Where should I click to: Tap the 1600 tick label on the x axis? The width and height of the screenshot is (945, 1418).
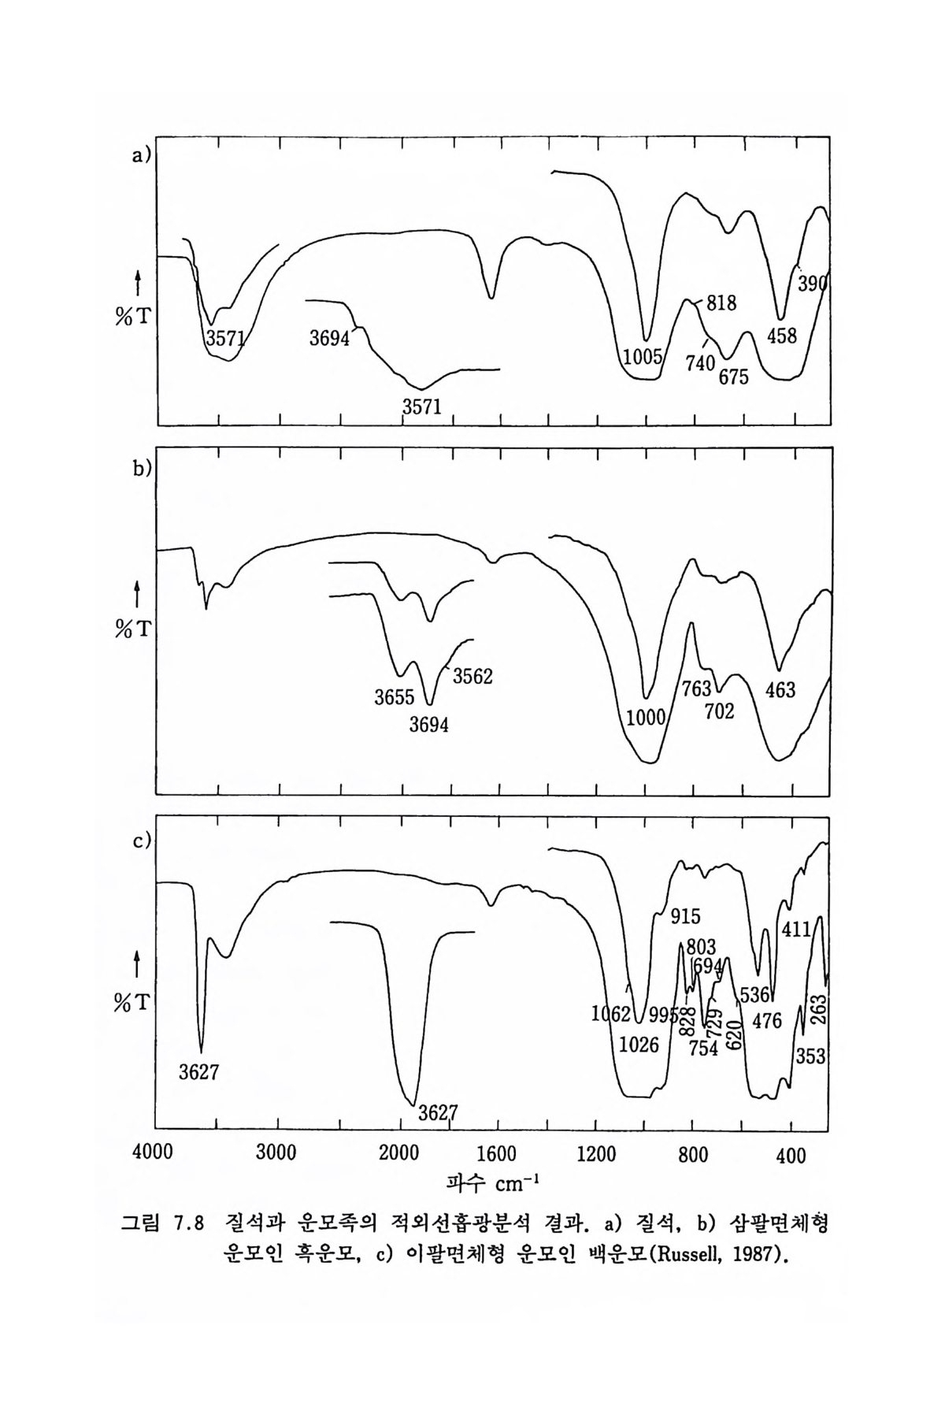click(x=497, y=1155)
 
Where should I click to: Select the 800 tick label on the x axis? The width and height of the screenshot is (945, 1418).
click(x=694, y=1155)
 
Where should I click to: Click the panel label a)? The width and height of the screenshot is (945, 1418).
click(x=141, y=156)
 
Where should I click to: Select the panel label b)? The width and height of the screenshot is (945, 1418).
click(x=141, y=469)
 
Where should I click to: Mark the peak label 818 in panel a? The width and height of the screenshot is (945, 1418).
click(x=721, y=302)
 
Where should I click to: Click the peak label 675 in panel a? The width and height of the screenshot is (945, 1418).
click(x=733, y=377)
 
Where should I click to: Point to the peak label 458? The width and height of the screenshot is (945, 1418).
click(x=781, y=336)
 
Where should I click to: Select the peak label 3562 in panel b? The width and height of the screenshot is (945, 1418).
click(x=472, y=675)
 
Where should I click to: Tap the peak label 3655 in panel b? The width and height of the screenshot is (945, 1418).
click(x=395, y=697)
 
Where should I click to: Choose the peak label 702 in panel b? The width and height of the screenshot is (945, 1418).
click(x=720, y=711)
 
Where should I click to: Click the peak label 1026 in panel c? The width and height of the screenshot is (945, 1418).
click(x=639, y=1045)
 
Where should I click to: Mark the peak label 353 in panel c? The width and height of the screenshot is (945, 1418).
click(x=810, y=1056)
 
